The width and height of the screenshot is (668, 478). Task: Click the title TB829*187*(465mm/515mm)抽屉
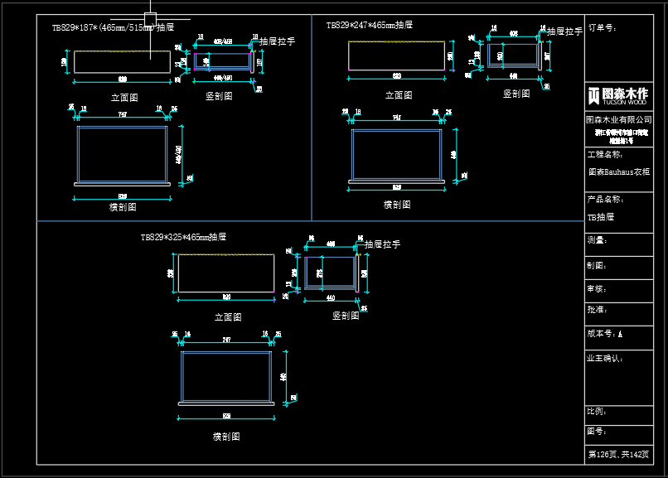(113, 27)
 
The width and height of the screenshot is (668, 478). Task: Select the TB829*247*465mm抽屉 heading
(369, 25)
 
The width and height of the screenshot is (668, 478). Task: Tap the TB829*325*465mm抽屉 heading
(183, 237)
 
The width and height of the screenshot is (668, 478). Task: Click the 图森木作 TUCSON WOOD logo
(617, 95)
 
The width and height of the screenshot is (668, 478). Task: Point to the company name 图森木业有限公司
(619, 120)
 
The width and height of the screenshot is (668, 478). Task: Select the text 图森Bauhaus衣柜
(618, 172)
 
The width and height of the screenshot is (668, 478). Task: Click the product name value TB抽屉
(601, 217)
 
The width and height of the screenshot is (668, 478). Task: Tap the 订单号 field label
(603, 27)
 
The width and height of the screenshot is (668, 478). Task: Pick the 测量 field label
(597, 240)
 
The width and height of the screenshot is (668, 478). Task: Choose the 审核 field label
(597, 289)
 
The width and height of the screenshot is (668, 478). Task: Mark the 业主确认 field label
(606, 359)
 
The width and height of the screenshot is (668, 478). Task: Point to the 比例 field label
(597, 411)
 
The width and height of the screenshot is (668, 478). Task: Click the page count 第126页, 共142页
(618, 454)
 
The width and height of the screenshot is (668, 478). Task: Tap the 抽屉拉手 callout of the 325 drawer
(382, 244)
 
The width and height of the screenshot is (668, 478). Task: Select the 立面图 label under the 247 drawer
(399, 95)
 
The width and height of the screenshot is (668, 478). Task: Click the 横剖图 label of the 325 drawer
(226, 437)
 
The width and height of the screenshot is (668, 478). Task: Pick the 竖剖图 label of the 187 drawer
(219, 96)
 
